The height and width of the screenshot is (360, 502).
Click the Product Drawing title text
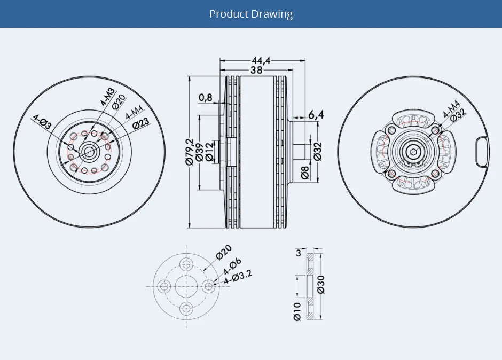[x=251, y=14]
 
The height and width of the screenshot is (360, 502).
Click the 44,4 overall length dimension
[x=261, y=61]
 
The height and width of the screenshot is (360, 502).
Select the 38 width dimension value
[x=256, y=71]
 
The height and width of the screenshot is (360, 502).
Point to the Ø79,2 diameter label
[x=190, y=152]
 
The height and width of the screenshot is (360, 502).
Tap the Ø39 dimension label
[x=199, y=152]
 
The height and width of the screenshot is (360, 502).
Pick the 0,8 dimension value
[x=205, y=97]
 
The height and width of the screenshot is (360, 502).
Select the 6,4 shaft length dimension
[x=316, y=114]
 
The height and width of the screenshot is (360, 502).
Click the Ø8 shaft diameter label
[x=305, y=172]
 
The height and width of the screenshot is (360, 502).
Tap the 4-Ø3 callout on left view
[x=42, y=122]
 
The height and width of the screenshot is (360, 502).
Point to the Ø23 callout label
[x=140, y=123]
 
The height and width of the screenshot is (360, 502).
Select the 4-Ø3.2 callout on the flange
[x=238, y=277]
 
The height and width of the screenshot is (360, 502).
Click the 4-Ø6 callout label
[x=232, y=266]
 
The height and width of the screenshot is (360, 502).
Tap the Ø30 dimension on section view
[x=320, y=284]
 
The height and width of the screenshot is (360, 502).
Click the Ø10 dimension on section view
[x=297, y=310]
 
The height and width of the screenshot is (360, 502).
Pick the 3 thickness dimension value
[x=298, y=254]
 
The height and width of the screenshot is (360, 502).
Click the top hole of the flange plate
[x=186, y=264]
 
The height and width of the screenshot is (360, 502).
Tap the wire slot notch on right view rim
[x=482, y=151]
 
